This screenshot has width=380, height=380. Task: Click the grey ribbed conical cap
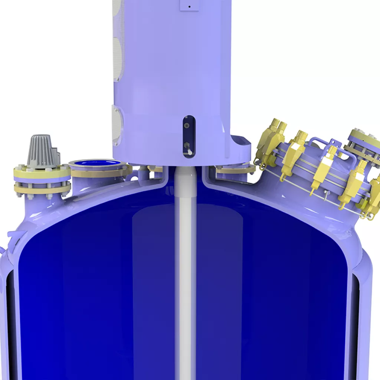click(43, 151)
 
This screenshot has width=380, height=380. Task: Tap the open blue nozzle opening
click(95, 163)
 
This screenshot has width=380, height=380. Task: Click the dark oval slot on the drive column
click(189, 136)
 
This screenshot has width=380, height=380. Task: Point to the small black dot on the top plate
click(189, 6)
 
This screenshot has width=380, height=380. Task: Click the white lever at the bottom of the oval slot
click(189, 151)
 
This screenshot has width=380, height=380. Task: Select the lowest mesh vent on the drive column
click(117, 124)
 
